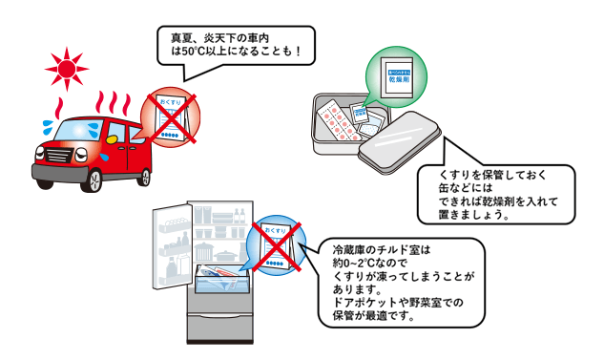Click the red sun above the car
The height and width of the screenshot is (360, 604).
point(66,71)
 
